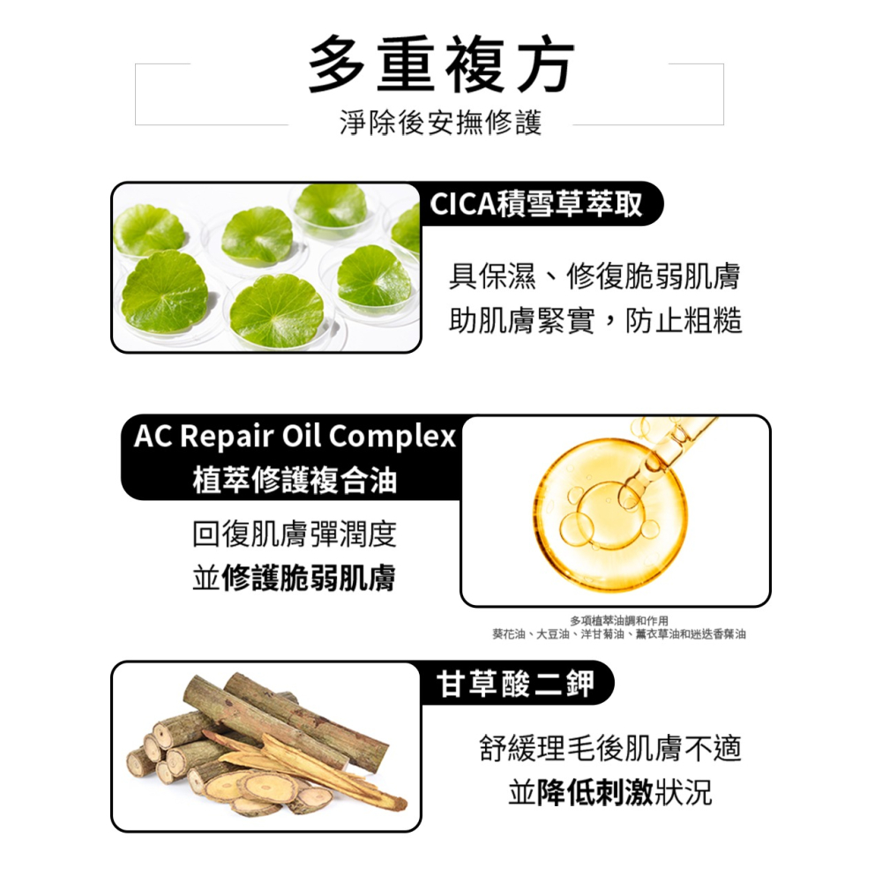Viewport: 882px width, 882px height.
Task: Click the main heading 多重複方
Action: click(x=441, y=66)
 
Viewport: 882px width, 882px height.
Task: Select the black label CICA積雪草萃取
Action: click(x=536, y=205)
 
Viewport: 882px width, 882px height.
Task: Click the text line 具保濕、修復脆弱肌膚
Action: click(x=594, y=277)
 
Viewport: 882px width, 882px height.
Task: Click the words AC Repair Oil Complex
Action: click(x=295, y=437)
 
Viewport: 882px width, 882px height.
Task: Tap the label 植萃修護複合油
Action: click(x=295, y=481)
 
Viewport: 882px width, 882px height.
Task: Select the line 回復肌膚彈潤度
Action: click(x=294, y=534)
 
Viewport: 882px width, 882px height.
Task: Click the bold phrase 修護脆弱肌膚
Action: click(x=309, y=579)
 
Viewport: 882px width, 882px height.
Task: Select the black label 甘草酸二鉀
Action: click(x=516, y=684)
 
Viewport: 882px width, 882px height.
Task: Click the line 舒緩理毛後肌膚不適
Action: click(x=609, y=749)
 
